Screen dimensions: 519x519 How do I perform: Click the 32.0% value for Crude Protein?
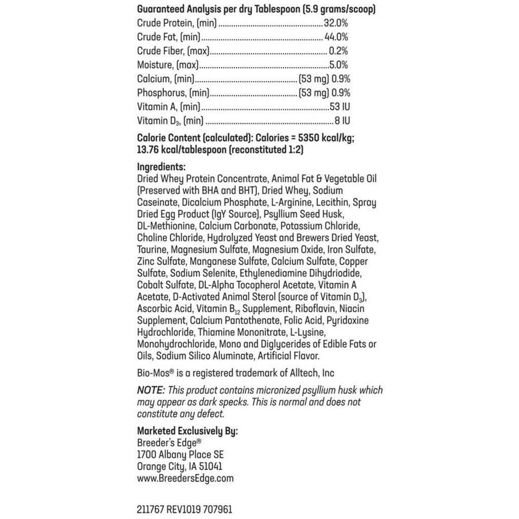[336, 23]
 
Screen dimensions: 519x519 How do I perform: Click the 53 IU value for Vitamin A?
[340, 107]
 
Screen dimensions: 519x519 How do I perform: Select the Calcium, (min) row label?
[166, 79]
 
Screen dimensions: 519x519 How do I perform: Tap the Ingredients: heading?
[161, 167]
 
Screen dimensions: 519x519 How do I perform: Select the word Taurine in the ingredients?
[152, 250]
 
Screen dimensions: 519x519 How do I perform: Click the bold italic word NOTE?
[151, 390]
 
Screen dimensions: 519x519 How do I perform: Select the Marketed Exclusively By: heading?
[187, 431]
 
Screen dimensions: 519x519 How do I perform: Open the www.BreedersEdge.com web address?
[185, 478]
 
